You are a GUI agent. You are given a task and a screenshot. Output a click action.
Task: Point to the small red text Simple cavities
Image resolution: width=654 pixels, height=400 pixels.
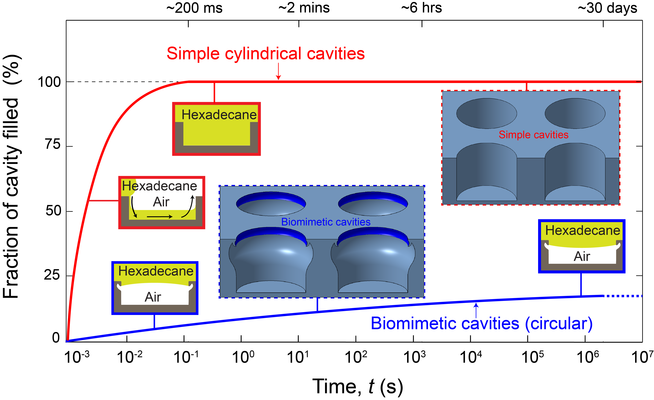click(x=533, y=135)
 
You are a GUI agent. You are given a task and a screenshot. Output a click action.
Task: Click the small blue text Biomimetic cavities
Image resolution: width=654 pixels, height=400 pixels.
click(x=326, y=222)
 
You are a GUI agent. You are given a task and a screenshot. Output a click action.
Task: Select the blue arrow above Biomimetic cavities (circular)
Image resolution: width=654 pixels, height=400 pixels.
click(x=476, y=310)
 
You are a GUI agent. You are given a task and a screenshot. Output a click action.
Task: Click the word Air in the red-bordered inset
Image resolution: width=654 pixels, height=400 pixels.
click(x=161, y=202)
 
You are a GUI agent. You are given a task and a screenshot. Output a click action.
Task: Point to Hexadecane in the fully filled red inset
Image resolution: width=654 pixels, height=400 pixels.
click(x=219, y=115)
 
